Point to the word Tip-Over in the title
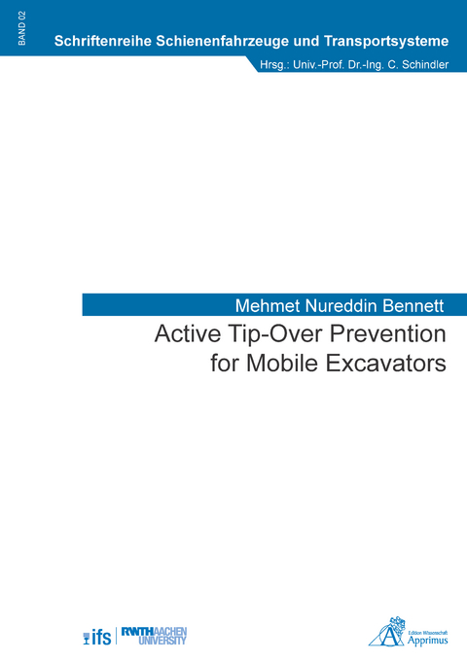[x=273, y=334]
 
